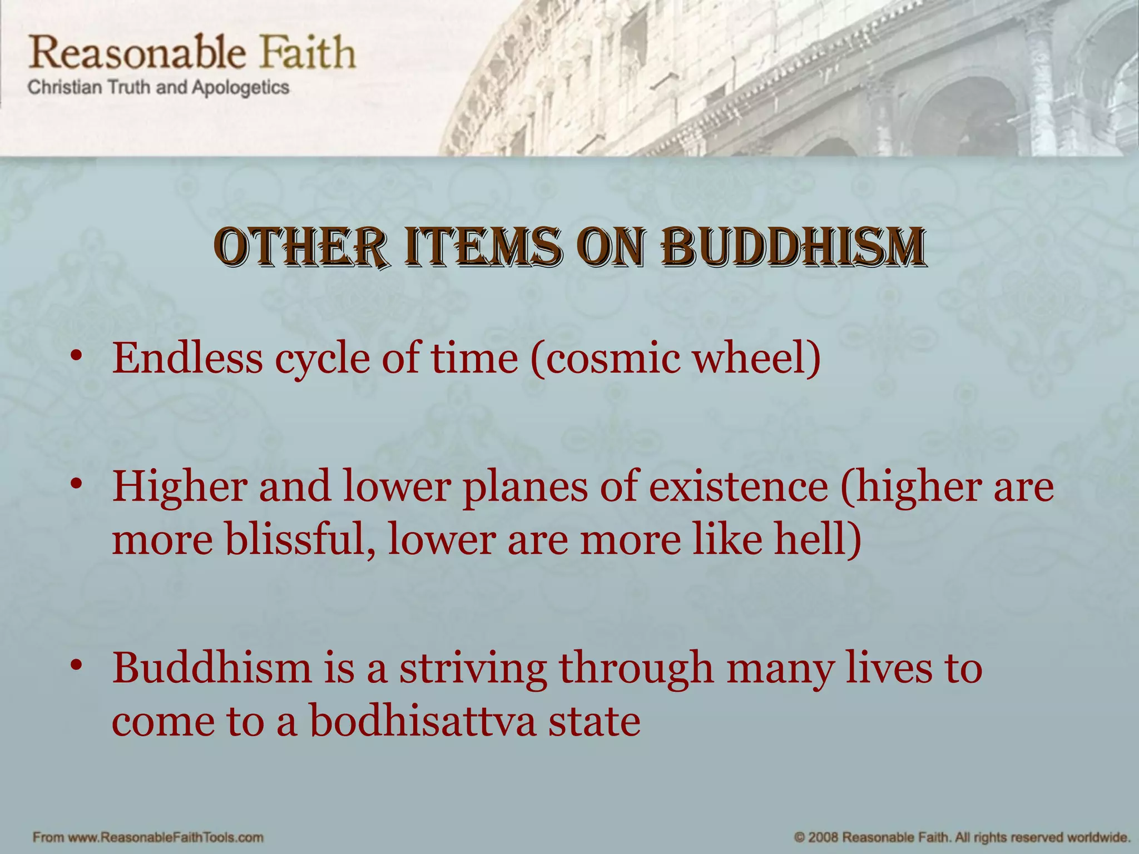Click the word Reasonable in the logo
coord(137,53)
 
